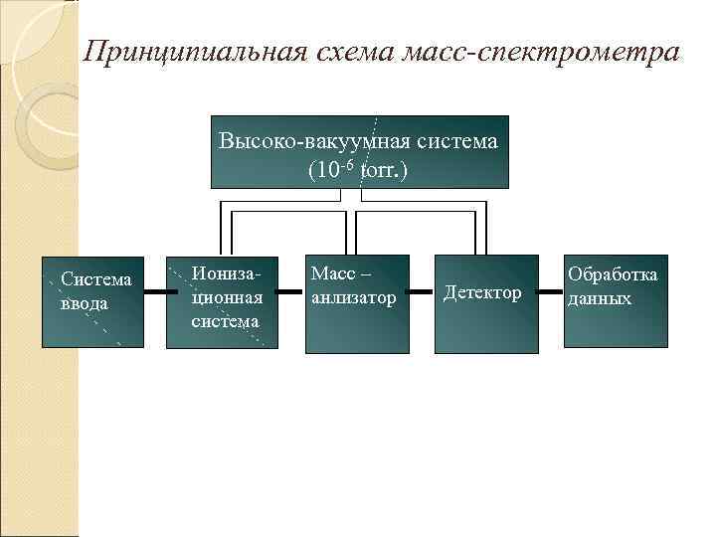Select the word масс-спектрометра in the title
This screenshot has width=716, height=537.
point(541,52)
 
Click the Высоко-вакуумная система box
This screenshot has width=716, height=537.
point(359,152)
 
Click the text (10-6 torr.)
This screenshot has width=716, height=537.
point(358,170)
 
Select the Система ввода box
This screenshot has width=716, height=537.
point(93,302)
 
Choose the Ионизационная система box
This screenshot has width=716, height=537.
point(221,302)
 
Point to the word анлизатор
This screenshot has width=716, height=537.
point(353,297)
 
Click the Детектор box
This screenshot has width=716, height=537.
point(484,302)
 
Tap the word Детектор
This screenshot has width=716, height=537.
point(482,292)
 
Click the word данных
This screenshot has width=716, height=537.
point(600,297)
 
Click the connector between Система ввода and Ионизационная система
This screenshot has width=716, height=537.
point(155,292)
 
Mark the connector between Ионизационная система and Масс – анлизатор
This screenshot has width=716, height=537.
point(289,292)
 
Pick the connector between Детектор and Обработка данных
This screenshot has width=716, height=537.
point(550,292)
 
